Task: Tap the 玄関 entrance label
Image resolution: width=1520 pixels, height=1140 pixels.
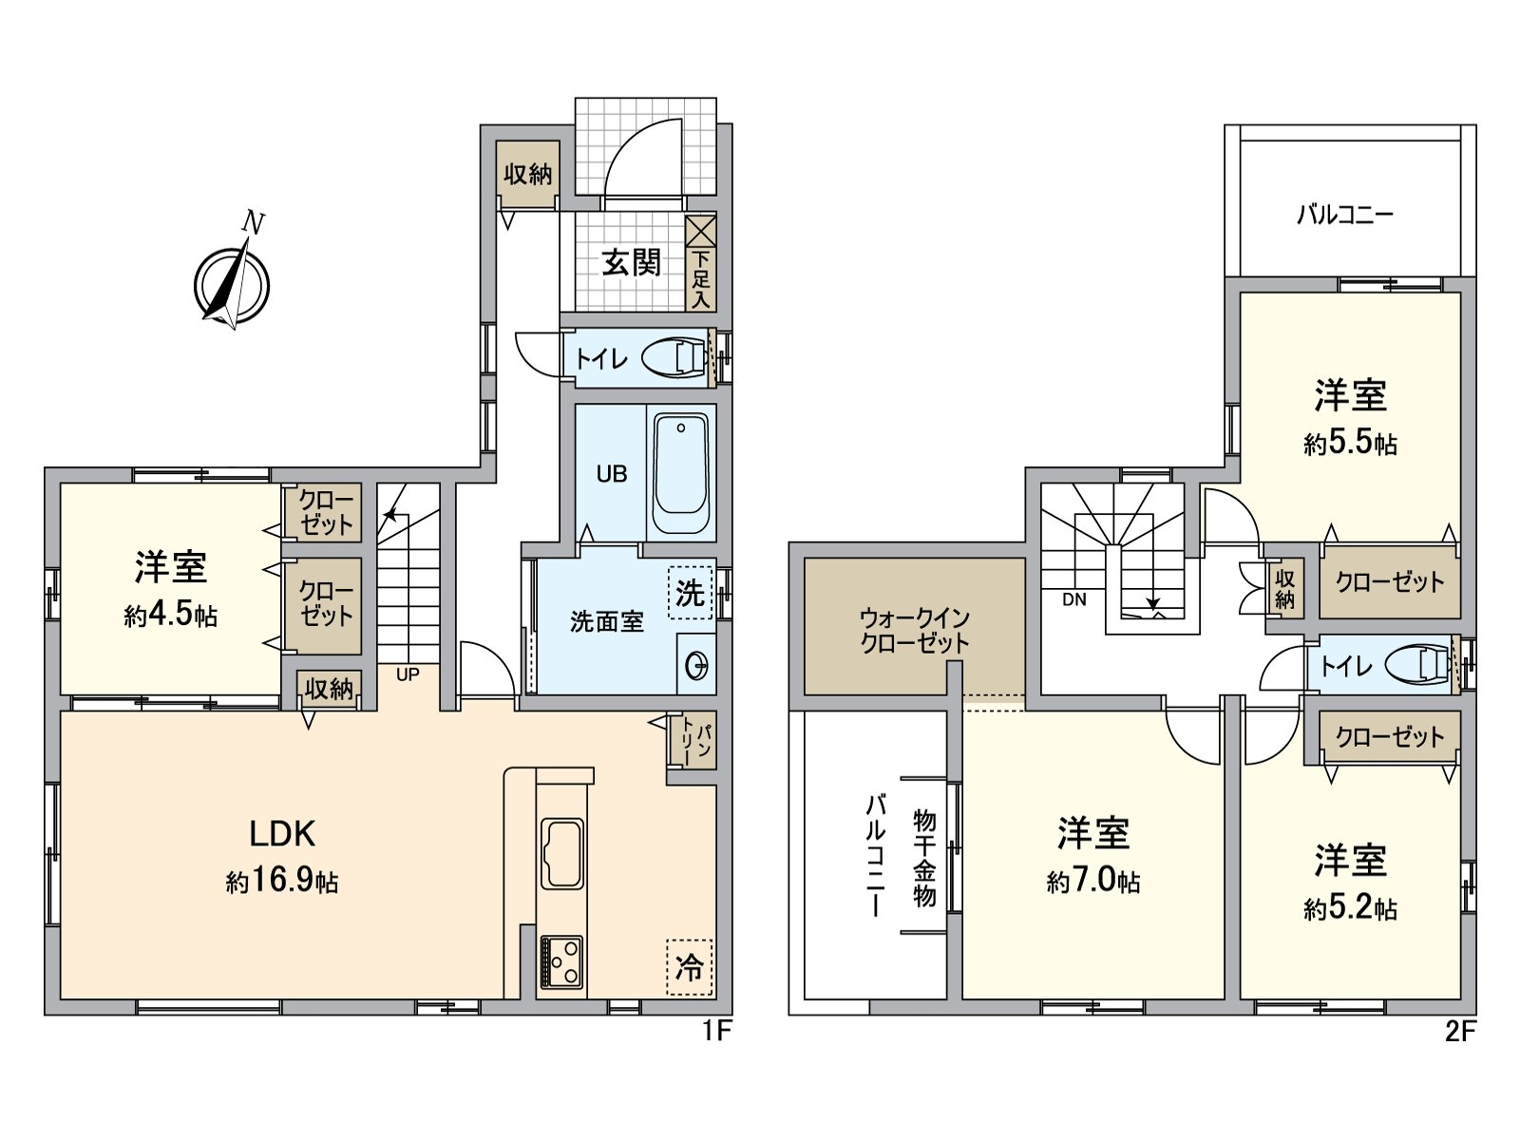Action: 631,261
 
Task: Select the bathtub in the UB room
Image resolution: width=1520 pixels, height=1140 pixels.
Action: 681,472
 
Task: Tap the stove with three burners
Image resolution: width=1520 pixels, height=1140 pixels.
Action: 561,961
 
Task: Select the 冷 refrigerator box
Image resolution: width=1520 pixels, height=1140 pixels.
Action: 690,967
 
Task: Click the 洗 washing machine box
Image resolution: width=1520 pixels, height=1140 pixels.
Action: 691,593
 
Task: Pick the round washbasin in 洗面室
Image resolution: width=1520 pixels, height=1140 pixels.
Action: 696,666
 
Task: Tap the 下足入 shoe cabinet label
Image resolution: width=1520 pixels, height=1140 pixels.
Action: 700,278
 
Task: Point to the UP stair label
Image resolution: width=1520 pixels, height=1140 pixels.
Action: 408,675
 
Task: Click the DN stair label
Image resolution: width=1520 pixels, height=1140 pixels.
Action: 1073,599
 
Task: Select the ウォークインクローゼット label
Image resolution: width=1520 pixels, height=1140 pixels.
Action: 914,630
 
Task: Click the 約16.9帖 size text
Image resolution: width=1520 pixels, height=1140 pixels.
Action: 282,883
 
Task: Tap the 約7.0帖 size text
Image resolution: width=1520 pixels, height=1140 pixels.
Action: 1093,882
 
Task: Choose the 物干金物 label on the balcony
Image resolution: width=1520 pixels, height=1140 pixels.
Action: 923,857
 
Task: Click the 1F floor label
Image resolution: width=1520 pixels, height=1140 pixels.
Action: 716,1031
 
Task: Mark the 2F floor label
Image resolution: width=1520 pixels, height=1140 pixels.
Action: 1460,1031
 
